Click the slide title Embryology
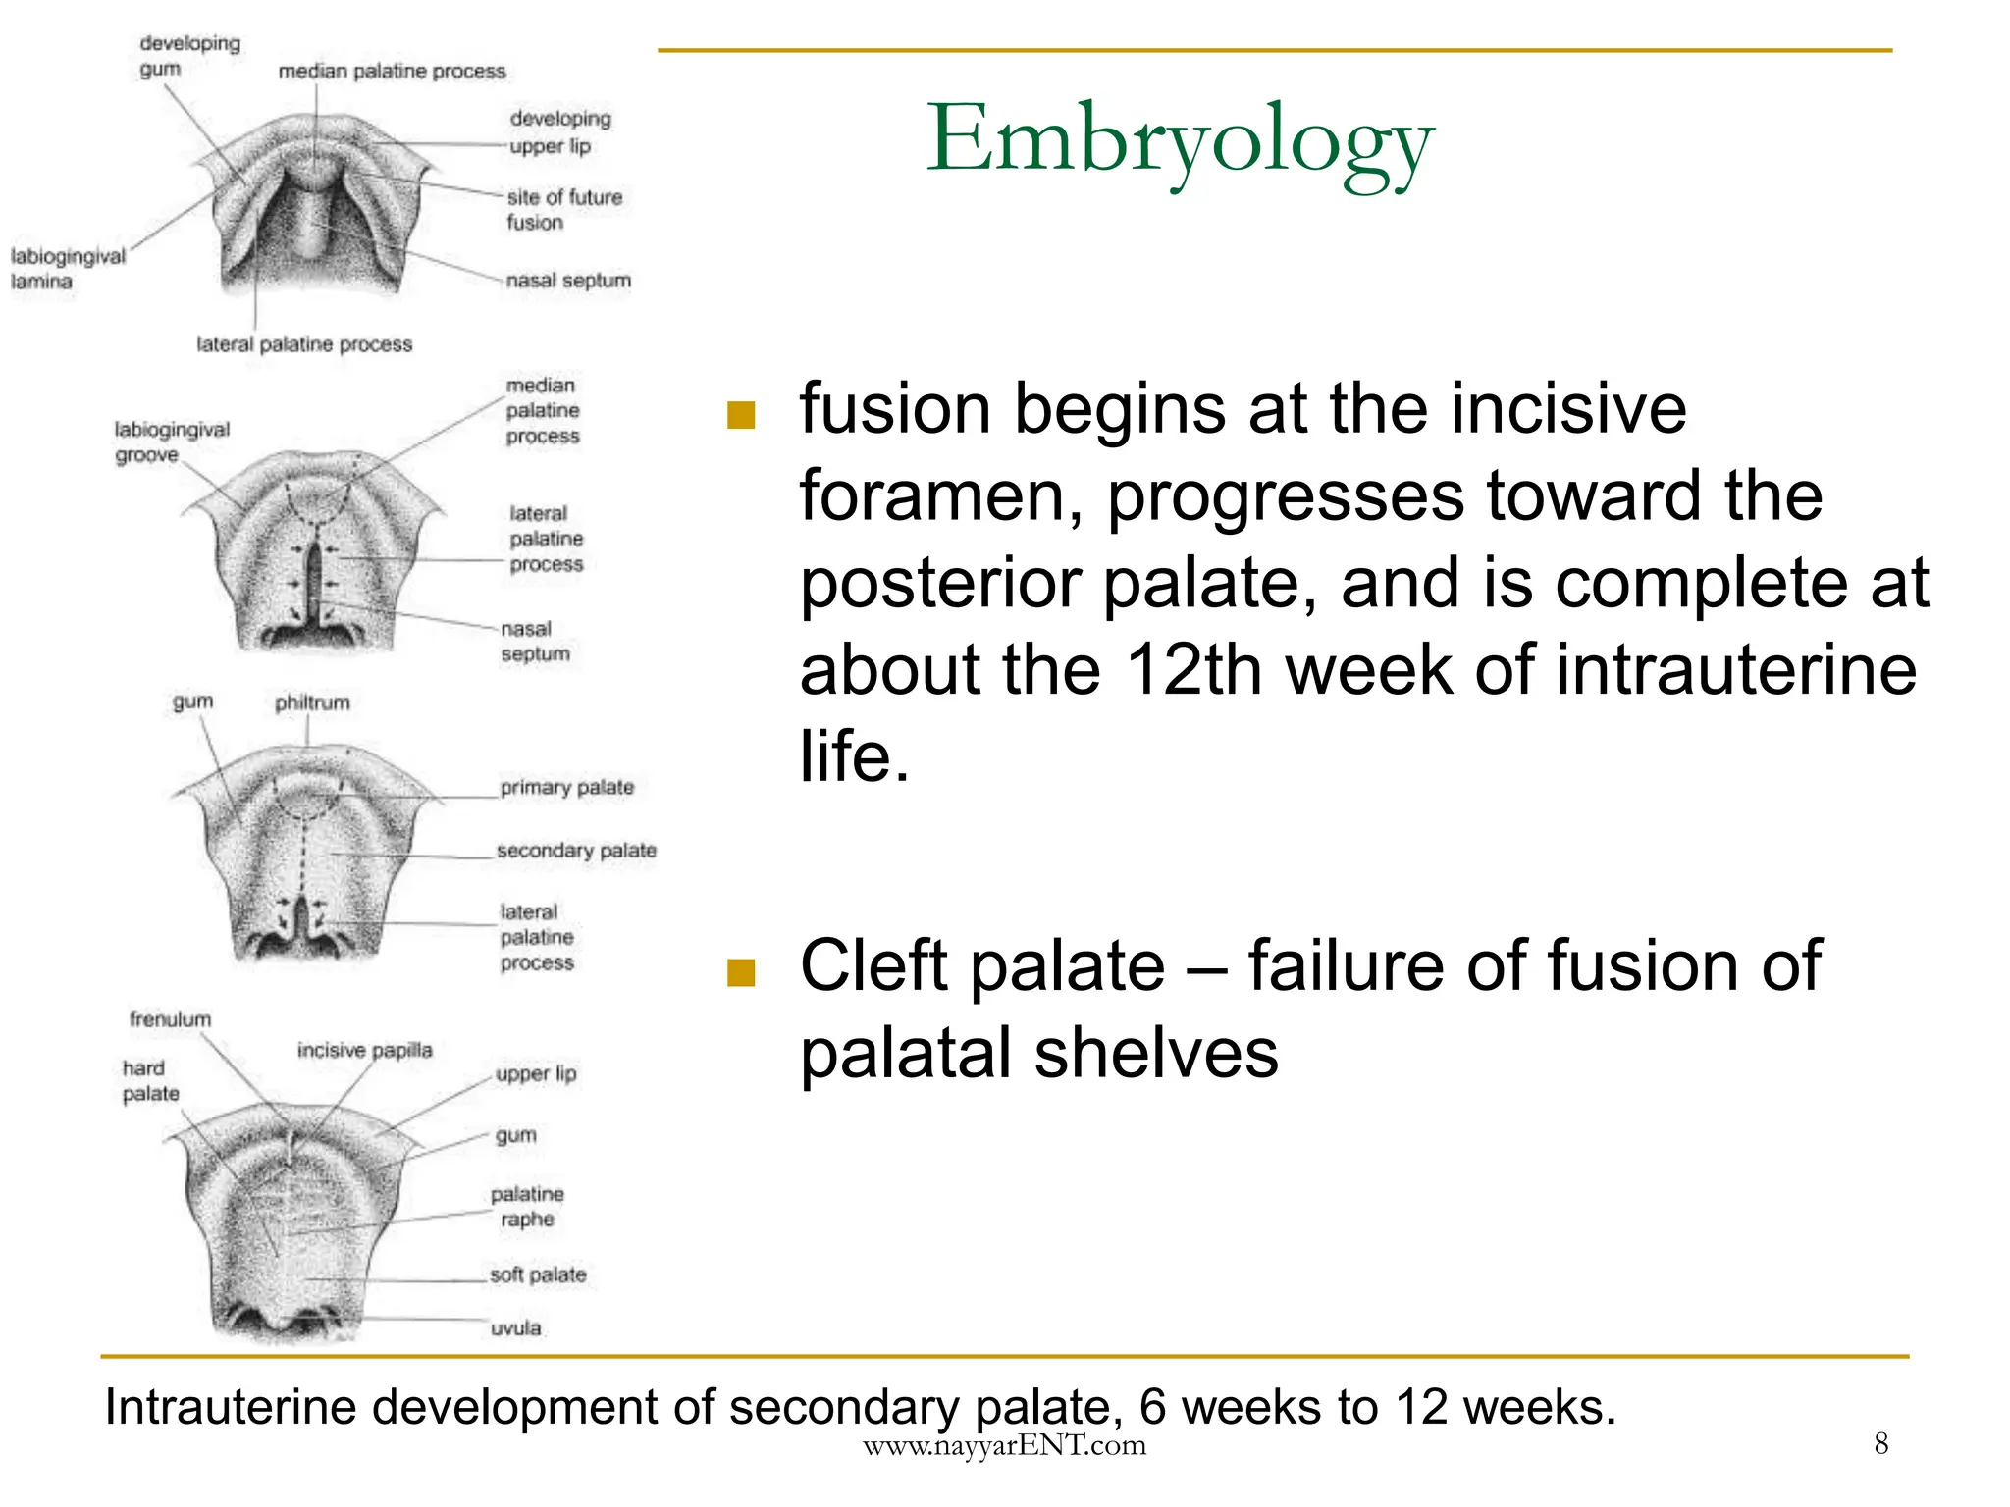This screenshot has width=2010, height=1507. pos(1180,140)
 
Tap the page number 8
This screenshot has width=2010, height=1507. pos(1880,1443)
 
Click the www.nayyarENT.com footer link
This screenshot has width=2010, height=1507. pos(1004,1445)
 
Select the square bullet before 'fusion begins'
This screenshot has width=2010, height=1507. pos(741,416)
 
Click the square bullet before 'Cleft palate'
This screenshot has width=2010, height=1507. pos(741,972)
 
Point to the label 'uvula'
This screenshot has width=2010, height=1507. pos(515,1328)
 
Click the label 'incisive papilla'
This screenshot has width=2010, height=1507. pos(364,1050)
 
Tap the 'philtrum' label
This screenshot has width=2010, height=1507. pos(312,702)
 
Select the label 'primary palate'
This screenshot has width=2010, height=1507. pos(566,787)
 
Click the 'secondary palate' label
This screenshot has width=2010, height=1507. pos(576,851)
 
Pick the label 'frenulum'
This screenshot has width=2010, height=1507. pos(170,1019)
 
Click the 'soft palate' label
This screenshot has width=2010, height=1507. pos(538,1274)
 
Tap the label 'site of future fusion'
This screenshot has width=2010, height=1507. pos(563,210)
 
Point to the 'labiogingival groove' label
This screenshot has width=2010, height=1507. pos(171,442)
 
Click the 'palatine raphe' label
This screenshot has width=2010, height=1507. pos(527,1207)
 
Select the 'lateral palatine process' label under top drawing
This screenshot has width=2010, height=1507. pos(304,344)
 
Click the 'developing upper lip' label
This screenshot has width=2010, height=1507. pos(559,131)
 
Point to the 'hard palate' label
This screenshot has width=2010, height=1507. pos(150,1080)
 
